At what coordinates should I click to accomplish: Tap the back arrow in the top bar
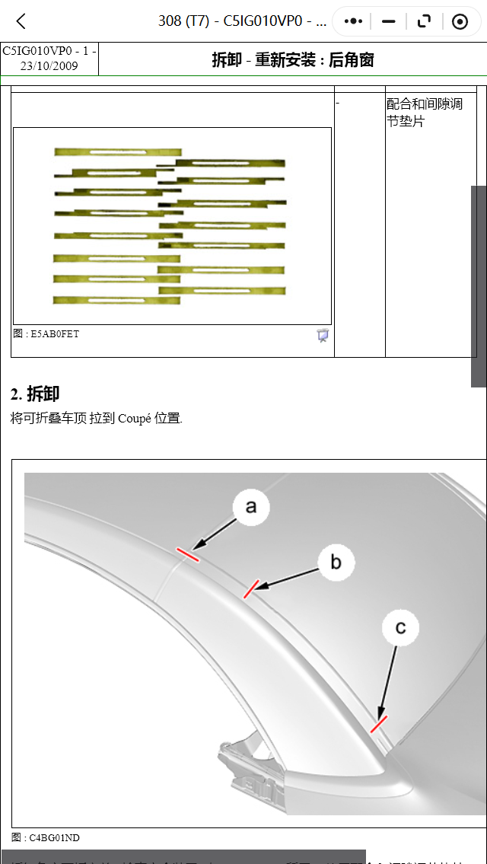(x=21, y=21)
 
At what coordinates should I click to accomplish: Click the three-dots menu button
(x=353, y=21)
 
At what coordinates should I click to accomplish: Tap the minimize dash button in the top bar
(x=389, y=21)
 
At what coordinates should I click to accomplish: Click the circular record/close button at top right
(x=460, y=21)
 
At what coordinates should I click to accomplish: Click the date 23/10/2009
(x=49, y=65)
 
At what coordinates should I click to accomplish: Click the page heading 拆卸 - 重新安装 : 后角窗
(x=292, y=59)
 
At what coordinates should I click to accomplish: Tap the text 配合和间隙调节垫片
(x=425, y=112)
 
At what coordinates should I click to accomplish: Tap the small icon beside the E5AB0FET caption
(x=323, y=335)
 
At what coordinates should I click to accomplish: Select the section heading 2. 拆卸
(x=35, y=394)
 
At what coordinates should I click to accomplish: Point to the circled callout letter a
(x=251, y=507)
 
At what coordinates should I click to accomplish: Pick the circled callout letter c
(x=400, y=628)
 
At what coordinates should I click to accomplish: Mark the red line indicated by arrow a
(x=187, y=554)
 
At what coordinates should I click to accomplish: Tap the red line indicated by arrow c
(x=378, y=723)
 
